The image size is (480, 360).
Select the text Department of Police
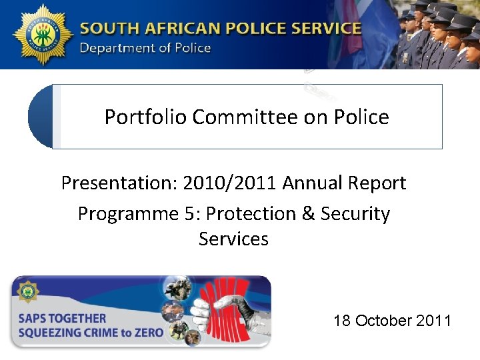[145, 48]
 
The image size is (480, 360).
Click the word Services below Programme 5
[233, 239]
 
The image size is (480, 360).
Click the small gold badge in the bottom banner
[29, 291]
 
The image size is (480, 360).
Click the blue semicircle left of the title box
[40, 117]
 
